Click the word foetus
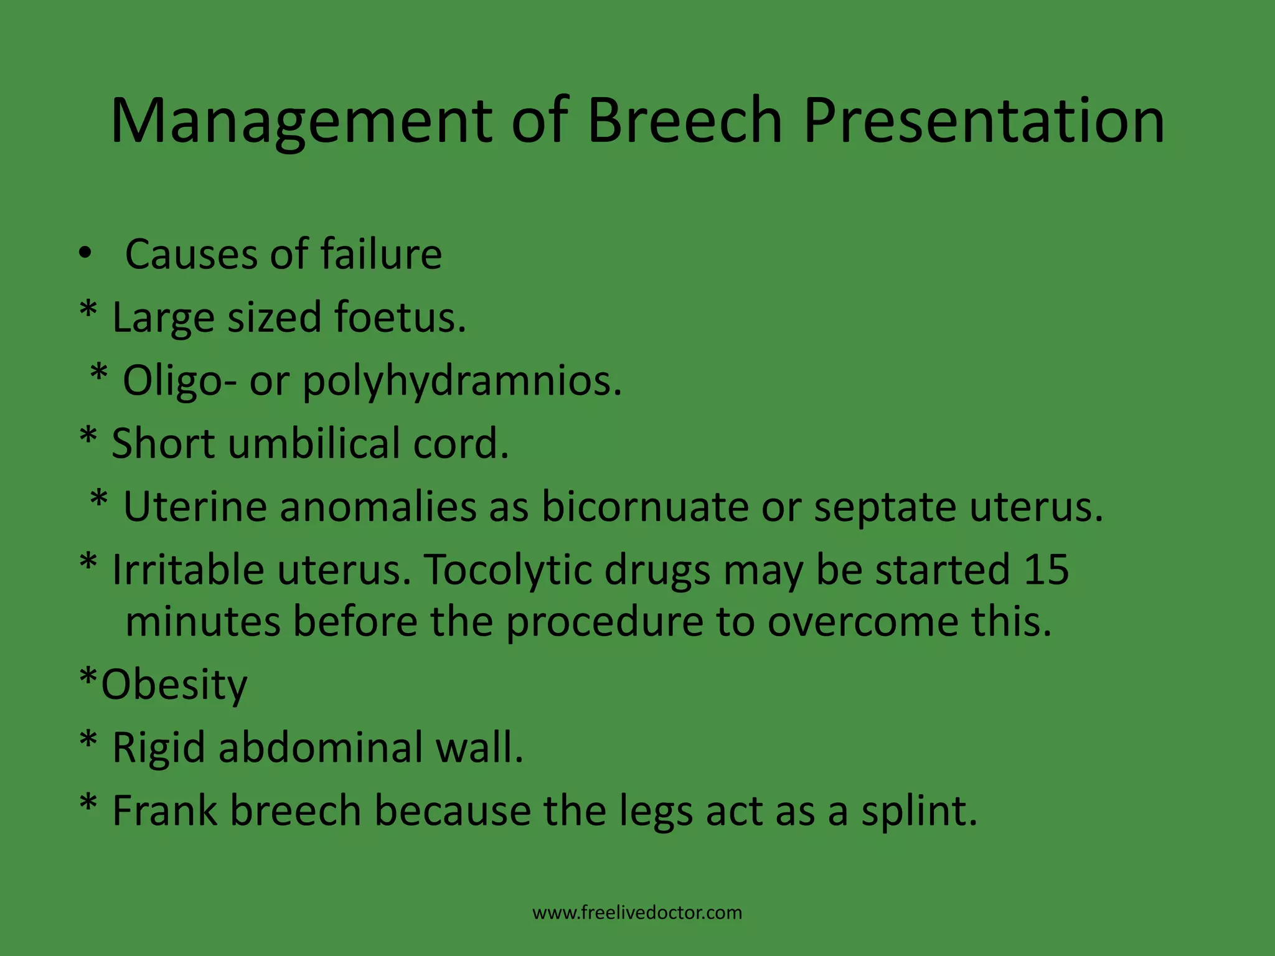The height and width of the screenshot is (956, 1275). pyautogui.click(x=399, y=317)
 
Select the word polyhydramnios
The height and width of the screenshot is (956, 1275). pyautogui.click(x=462, y=381)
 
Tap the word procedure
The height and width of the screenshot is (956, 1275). pyautogui.click(x=604, y=622)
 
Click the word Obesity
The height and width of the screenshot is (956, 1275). pyautogui.click(x=174, y=685)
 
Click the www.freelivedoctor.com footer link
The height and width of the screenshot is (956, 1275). pyautogui.click(x=637, y=913)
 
